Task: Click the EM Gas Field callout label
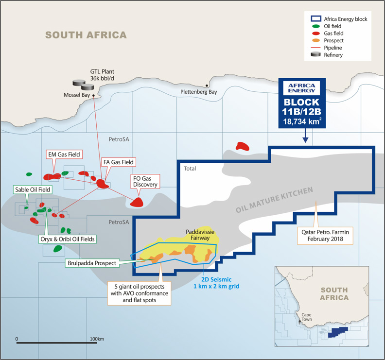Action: [63, 154]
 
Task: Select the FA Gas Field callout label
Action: [118, 162]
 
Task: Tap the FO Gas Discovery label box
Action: [145, 181]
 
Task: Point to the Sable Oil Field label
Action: [31, 189]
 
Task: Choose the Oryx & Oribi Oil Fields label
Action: [67, 239]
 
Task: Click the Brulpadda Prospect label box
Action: [92, 263]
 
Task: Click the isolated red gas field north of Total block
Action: [242, 146]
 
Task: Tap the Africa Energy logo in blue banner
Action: [301, 87]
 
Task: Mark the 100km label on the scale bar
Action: [98, 338]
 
